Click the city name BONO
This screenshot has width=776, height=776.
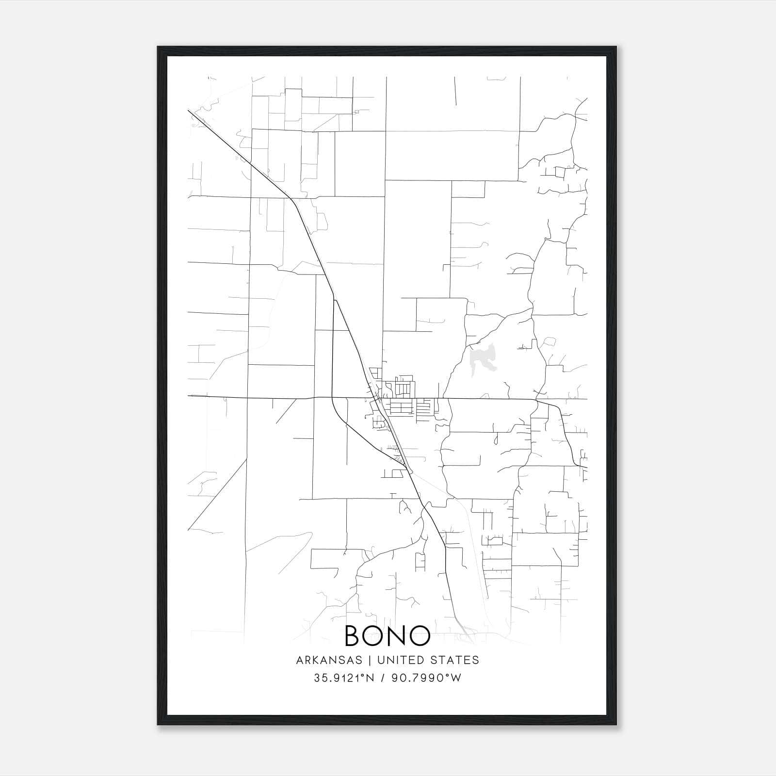[387, 636]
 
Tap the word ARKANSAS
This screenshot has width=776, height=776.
[329, 660]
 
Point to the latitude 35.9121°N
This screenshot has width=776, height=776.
[344, 678]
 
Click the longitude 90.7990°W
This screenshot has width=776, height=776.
[429, 678]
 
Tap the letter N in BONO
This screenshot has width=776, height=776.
[397, 636]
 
